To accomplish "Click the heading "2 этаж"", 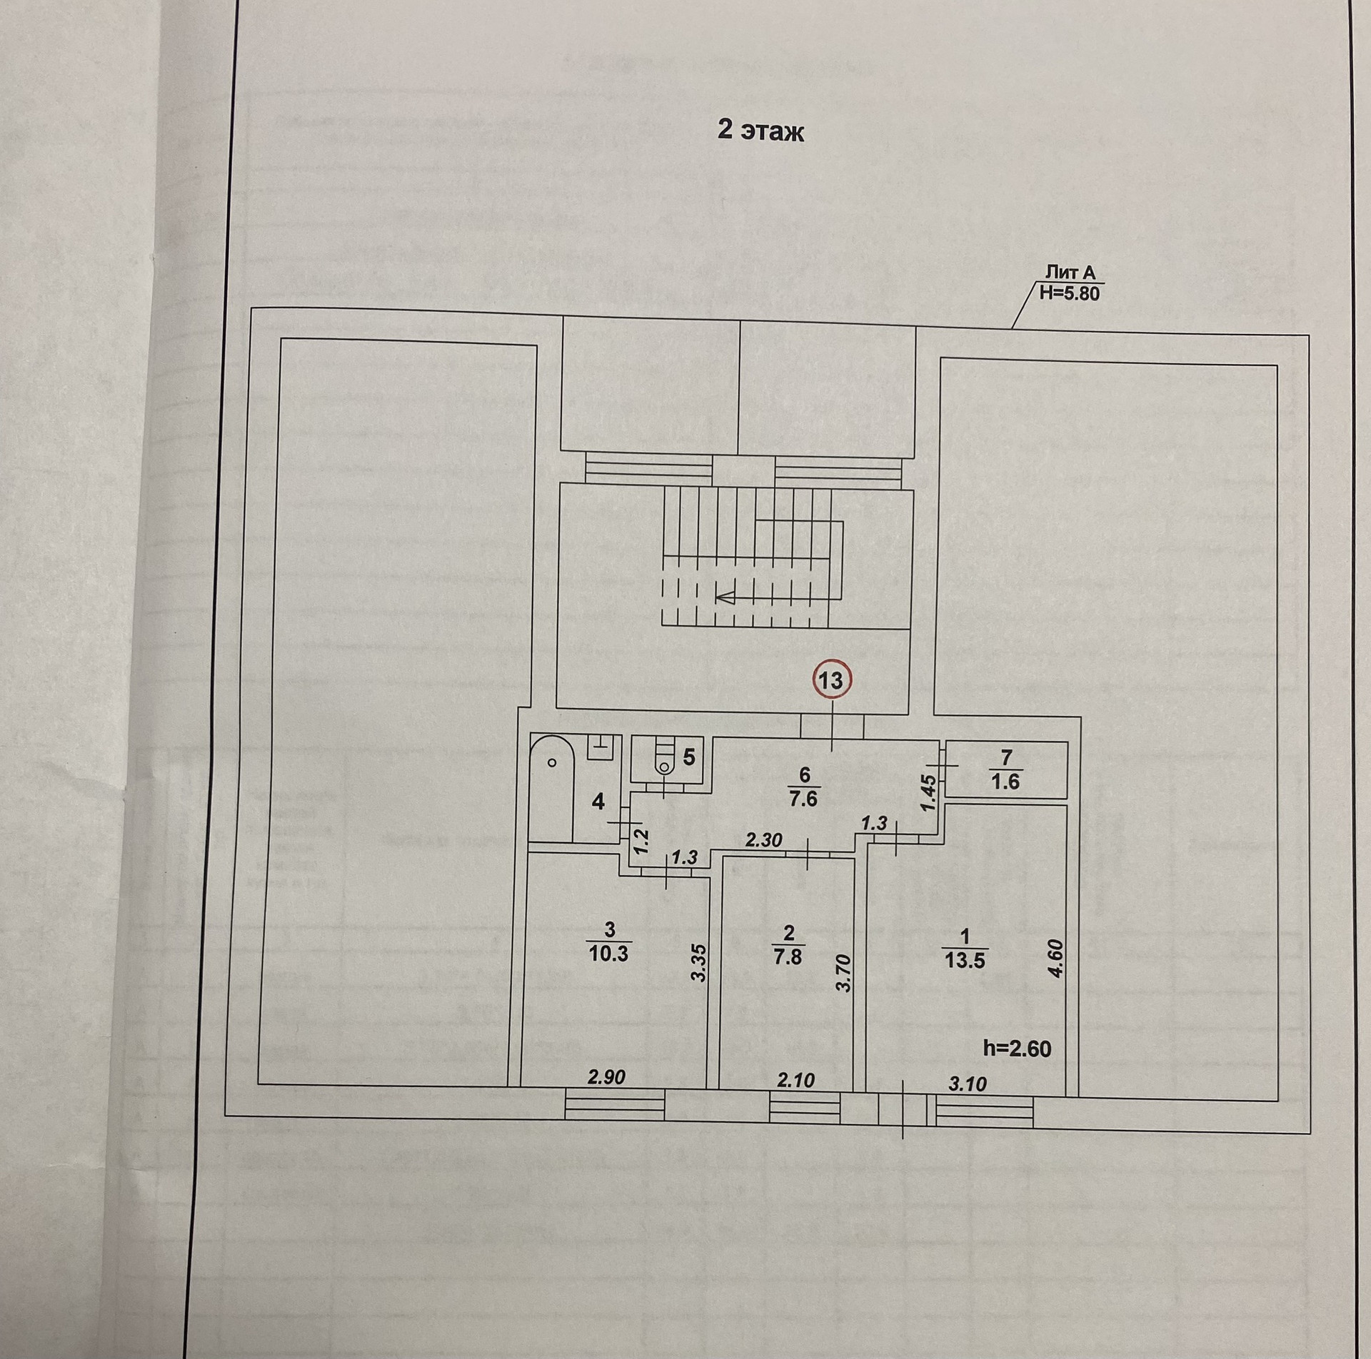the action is (x=760, y=132).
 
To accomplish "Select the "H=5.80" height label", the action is (x=1069, y=293).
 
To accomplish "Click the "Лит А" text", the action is (x=1070, y=272).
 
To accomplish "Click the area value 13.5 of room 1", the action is (x=965, y=961).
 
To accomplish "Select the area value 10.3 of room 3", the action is (x=608, y=953).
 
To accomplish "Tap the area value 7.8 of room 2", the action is (x=788, y=956).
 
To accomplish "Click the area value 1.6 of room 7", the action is (x=1005, y=782).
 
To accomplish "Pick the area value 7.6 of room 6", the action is (x=803, y=799).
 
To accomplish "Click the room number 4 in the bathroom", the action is (x=598, y=802).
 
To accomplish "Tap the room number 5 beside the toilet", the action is (x=689, y=757).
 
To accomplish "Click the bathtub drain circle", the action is (x=552, y=762).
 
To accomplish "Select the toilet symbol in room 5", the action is (x=665, y=761).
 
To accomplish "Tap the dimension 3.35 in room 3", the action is (x=699, y=962).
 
